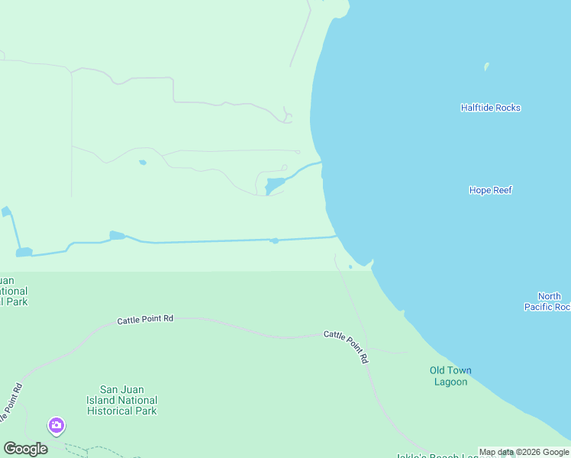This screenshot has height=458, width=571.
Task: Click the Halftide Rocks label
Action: pyautogui.click(x=490, y=108)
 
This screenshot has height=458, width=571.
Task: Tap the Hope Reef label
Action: pyautogui.click(x=490, y=190)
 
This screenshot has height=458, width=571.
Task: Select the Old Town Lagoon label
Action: pyautogui.click(x=450, y=376)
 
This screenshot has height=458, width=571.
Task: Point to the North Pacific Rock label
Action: pyautogui.click(x=548, y=302)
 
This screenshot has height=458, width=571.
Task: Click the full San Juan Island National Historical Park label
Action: pyautogui.click(x=129, y=400)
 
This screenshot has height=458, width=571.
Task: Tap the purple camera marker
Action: pyautogui.click(x=56, y=424)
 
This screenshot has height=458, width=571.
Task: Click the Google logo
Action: pyautogui.click(x=25, y=448)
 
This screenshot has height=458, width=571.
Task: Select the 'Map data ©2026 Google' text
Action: pyautogui.click(x=524, y=453)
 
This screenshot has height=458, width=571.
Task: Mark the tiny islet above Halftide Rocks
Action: pyautogui.click(x=486, y=66)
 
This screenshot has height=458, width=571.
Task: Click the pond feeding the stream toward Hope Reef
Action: pyautogui.click(x=274, y=185)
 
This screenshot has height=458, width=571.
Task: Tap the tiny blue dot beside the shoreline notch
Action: pyautogui.click(x=350, y=266)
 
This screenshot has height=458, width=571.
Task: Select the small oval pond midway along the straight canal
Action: pyautogui.click(x=275, y=240)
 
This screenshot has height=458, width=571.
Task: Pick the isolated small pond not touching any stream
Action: pyautogui.click(x=142, y=162)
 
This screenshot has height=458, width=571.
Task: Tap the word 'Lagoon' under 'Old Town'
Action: pyautogui.click(x=450, y=382)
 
